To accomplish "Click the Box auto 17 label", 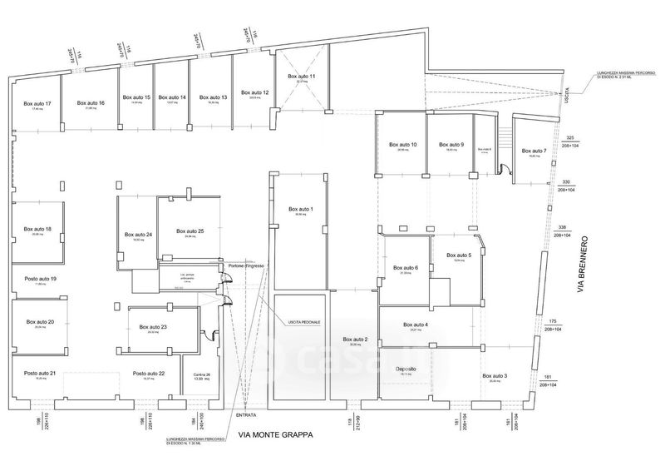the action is coord(37,103).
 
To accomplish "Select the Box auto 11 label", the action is coord(302,77).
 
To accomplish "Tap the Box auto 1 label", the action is coord(300,208).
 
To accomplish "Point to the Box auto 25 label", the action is coord(190,231).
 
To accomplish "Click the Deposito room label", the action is coord(406,369).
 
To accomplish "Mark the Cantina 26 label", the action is coord(197,375).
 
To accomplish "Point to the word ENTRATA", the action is coord(246,414).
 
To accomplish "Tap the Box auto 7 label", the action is coord(534,151).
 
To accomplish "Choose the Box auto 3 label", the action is coord(495,376).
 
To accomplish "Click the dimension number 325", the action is coord(570,137).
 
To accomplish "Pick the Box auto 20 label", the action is coord(40,321).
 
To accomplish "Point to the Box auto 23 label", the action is coord(153,327).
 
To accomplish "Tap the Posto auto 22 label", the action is coord(149,374).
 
